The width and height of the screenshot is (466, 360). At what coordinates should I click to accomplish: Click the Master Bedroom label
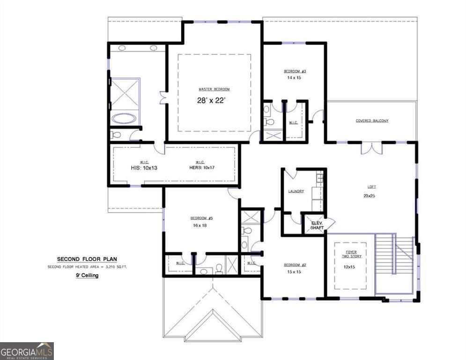214,89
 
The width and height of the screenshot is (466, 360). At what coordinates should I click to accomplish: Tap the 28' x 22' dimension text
214,100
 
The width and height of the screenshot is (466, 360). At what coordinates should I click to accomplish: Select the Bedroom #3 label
295,71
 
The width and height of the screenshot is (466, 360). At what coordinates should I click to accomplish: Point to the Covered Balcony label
372,120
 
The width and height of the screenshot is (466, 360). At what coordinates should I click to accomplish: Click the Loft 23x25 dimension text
369,195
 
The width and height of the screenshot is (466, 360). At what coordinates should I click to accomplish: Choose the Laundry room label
296,191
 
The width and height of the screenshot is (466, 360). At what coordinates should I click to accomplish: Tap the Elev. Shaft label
317,226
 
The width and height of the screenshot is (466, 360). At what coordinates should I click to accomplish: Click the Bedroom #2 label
295,265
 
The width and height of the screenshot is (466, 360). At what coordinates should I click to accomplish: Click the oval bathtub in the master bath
125,118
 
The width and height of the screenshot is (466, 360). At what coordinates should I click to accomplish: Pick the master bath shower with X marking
125,94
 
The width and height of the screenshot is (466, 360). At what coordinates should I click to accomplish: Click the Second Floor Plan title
87,259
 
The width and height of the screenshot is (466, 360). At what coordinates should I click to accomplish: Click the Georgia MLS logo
27,351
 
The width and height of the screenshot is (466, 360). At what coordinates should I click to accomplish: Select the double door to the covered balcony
371,148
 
